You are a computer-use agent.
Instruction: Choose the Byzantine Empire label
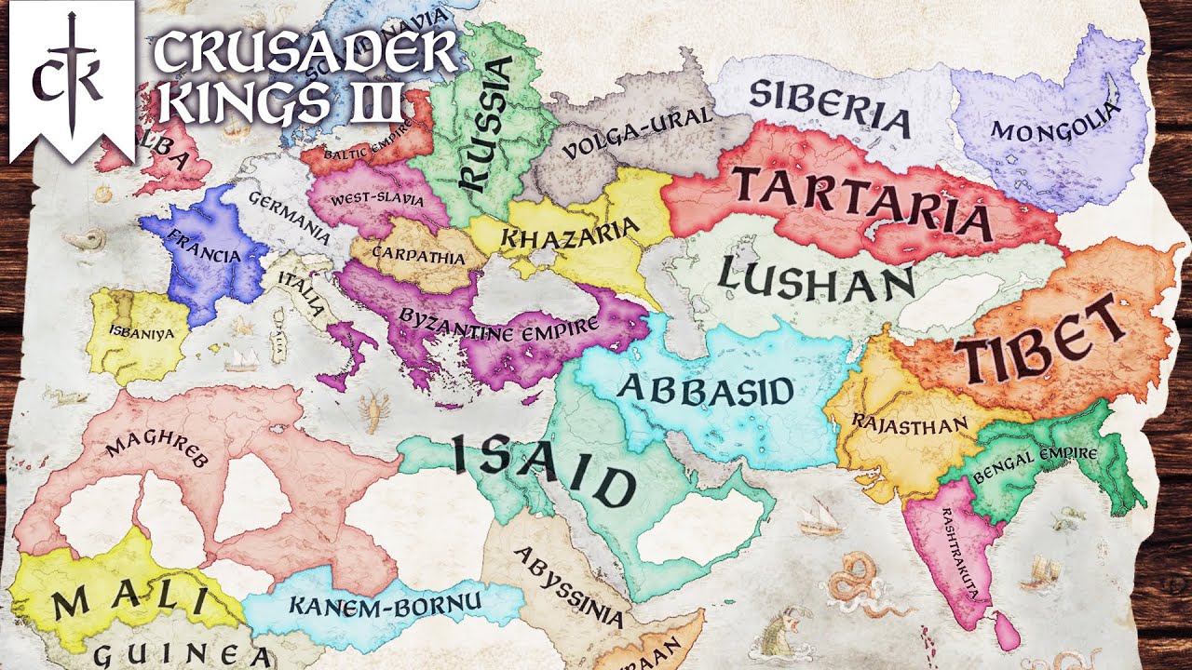498,326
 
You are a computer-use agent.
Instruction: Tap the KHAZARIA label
570,234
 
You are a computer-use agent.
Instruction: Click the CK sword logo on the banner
71,75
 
